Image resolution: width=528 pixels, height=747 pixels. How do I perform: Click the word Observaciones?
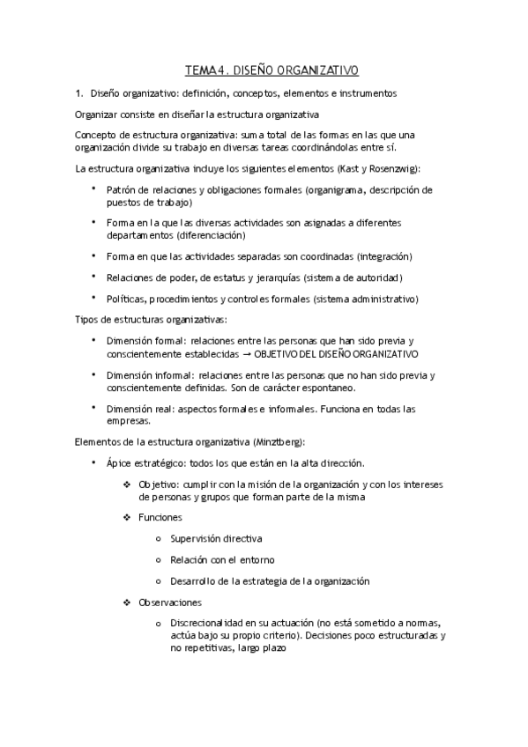coord(170,602)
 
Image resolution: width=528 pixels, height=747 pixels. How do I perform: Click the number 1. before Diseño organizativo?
coord(79,92)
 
